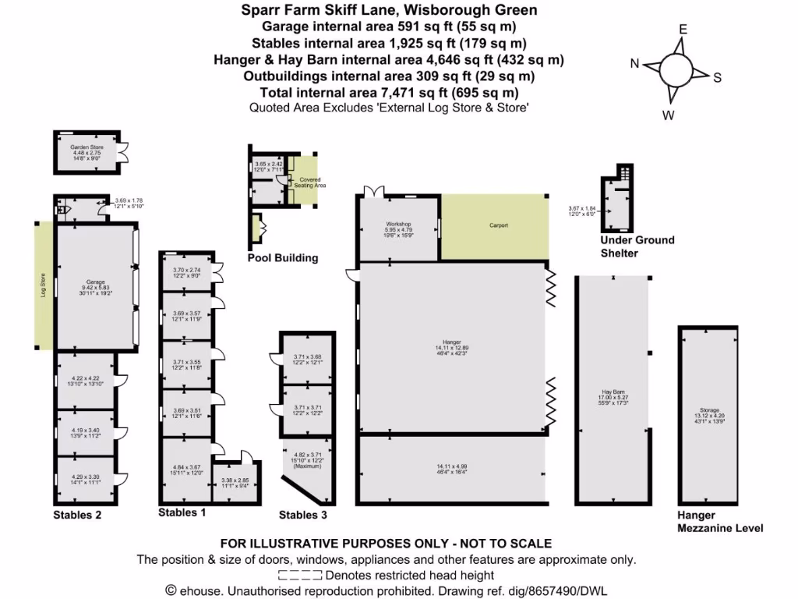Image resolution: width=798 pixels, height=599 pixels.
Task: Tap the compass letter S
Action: pyautogui.click(x=718, y=77)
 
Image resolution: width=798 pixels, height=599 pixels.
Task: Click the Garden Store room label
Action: pyautogui.click(x=82, y=147)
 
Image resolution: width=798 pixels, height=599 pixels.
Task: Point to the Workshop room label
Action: pyautogui.click(x=398, y=225)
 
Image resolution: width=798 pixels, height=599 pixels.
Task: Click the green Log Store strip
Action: pyautogui.click(x=44, y=286)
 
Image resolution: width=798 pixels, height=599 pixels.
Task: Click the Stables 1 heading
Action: pyautogui.click(x=182, y=512)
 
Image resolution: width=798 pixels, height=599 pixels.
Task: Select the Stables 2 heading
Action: pyautogui.click(x=77, y=515)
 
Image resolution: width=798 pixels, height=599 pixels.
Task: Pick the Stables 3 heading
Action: pyautogui.click(x=303, y=515)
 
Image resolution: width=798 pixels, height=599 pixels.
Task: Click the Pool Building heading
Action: pyautogui.click(x=283, y=257)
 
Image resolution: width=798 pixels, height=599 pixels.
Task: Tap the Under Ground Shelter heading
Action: pyautogui.click(x=637, y=246)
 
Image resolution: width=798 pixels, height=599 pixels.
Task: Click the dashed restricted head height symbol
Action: pyautogui.click(x=300, y=575)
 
